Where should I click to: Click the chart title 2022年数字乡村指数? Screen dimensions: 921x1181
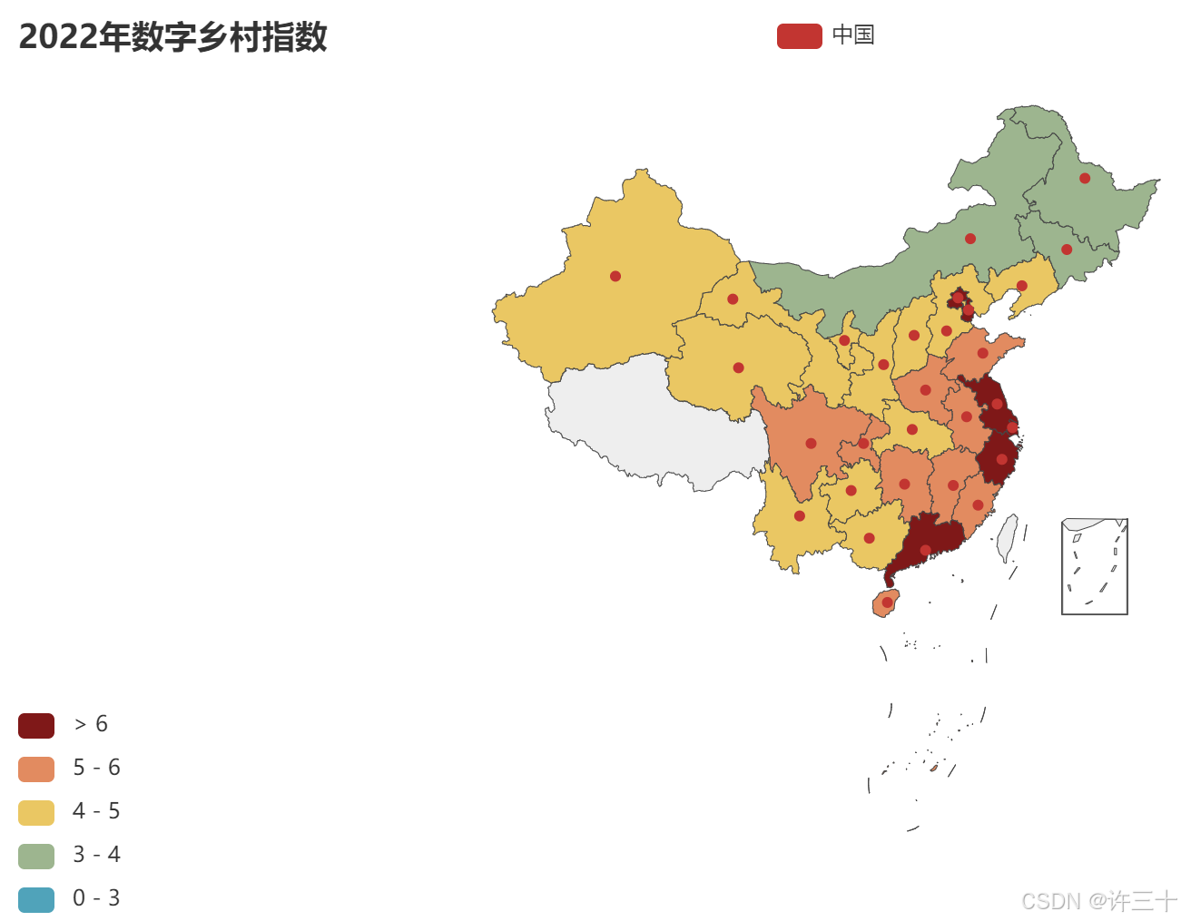(x=172, y=37)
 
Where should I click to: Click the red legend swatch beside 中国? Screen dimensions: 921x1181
(x=799, y=36)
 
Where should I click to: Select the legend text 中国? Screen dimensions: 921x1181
(x=853, y=35)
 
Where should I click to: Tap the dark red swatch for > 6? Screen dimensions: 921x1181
(x=36, y=725)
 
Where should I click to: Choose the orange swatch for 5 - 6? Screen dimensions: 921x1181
(x=36, y=769)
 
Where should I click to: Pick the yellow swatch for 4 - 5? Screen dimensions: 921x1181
(x=36, y=812)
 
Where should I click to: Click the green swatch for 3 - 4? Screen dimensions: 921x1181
(x=36, y=856)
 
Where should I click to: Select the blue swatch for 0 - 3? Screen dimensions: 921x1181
(x=36, y=899)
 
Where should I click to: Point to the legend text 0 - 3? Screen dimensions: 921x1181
(x=96, y=898)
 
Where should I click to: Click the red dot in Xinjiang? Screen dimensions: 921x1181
(x=615, y=276)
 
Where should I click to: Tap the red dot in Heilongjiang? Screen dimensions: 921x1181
(x=1085, y=178)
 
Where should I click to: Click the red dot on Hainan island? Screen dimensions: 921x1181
(x=887, y=602)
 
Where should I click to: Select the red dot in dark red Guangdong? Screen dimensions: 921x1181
(x=925, y=550)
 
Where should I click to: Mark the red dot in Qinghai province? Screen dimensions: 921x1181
(x=738, y=367)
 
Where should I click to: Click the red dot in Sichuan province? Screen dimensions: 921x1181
(x=811, y=444)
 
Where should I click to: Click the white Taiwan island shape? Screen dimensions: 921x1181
(x=1007, y=538)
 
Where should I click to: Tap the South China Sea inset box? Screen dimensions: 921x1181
(x=1095, y=566)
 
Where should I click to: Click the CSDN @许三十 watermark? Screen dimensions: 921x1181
(x=1098, y=901)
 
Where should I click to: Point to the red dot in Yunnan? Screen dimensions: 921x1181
(x=799, y=516)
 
